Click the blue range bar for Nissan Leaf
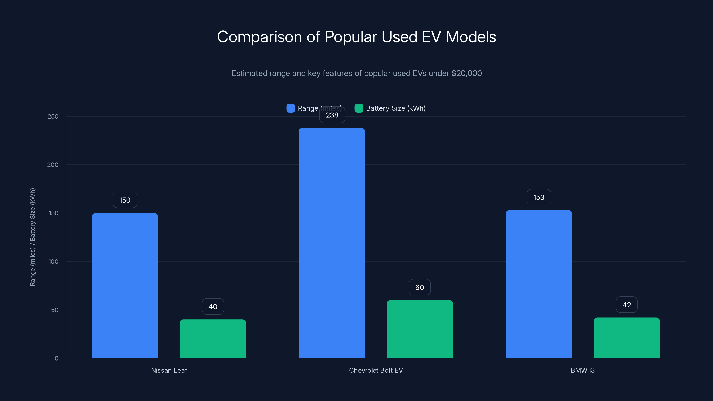point(125,285)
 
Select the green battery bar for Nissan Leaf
point(213,338)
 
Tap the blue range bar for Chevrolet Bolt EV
point(332,243)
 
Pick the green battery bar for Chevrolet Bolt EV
point(420,329)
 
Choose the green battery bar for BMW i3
point(627,338)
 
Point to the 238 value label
point(332,115)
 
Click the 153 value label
point(539,197)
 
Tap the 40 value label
point(213,306)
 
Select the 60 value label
point(420,287)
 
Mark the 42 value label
point(627,305)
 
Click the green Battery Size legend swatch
point(359,108)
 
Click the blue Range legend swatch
point(291,108)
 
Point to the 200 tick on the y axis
point(53,165)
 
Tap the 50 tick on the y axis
point(55,310)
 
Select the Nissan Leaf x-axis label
point(169,370)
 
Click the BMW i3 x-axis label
point(583,370)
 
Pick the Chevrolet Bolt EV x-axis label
point(376,370)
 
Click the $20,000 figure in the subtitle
point(467,73)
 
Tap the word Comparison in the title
point(259,37)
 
